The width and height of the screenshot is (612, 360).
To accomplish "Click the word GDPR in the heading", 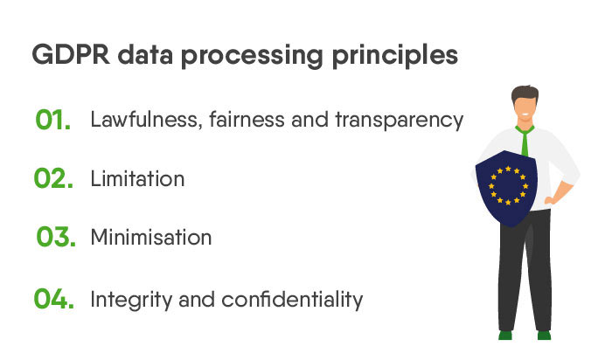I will point(68,55).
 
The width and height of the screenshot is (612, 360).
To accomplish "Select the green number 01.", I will point(53,120).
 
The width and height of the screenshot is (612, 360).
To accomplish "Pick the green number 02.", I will point(53,179).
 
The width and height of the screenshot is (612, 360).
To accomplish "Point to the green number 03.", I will point(54,238).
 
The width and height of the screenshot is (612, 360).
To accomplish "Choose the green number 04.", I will point(53,299).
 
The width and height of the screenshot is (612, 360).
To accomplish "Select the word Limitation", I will point(137,179).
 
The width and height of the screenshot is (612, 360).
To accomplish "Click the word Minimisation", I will point(151,238).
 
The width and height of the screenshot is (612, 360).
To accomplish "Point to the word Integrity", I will point(129,300).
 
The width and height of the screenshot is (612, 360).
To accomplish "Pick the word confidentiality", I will point(292,299).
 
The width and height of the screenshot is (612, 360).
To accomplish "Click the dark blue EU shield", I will point(506,189).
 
